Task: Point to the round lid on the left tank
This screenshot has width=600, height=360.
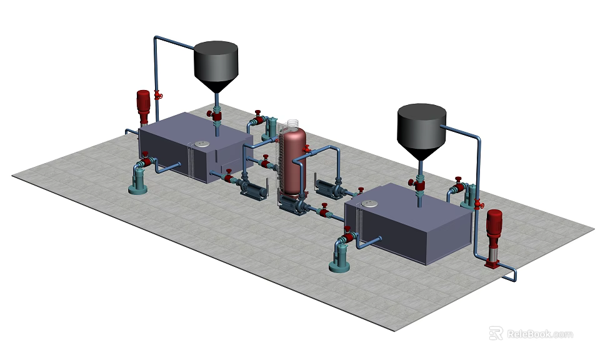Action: click(x=201, y=144)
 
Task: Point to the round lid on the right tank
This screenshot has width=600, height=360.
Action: click(x=370, y=203)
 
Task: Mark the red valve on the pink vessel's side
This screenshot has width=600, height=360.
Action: click(x=307, y=149)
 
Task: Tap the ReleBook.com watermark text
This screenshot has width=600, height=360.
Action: click(x=539, y=334)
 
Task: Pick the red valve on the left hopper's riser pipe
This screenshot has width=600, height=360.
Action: click(x=158, y=95)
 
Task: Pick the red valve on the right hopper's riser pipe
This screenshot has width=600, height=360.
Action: click(x=479, y=204)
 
